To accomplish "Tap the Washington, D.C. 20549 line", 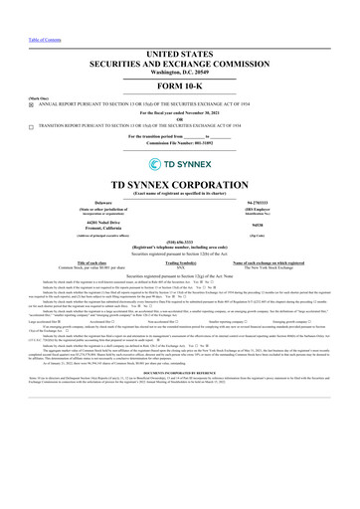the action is click(x=179, y=52).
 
